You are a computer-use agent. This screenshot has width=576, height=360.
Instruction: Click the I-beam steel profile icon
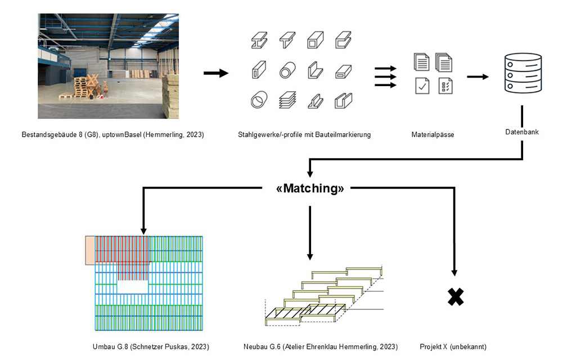pyautogui.click(x=259, y=40)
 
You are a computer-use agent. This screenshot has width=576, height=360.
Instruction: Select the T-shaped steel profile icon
pyautogui.click(x=287, y=40)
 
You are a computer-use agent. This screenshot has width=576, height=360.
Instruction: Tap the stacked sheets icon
pyautogui.click(x=287, y=100)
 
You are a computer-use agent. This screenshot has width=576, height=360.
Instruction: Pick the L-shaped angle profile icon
pyautogui.click(x=315, y=71)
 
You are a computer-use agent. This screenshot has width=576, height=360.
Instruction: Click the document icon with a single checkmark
pyautogui.click(x=422, y=85)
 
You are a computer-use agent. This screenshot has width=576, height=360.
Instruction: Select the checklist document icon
pyautogui.click(x=445, y=85)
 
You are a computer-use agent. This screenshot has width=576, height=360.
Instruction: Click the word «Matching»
pyautogui.click(x=310, y=188)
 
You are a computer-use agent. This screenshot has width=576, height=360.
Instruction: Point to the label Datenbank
pyautogui.click(x=523, y=132)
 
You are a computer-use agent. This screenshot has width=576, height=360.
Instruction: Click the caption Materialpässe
pyautogui.click(x=433, y=135)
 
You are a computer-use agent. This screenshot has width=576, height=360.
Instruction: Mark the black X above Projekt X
pyautogui.click(x=455, y=296)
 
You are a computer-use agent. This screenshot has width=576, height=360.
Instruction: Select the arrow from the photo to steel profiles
pyautogui.click(x=215, y=73)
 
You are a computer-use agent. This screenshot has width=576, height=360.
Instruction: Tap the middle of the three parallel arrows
pyautogui.click(x=385, y=76)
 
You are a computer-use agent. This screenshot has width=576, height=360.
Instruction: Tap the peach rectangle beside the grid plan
pyautogui.click(x=90, y=250)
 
